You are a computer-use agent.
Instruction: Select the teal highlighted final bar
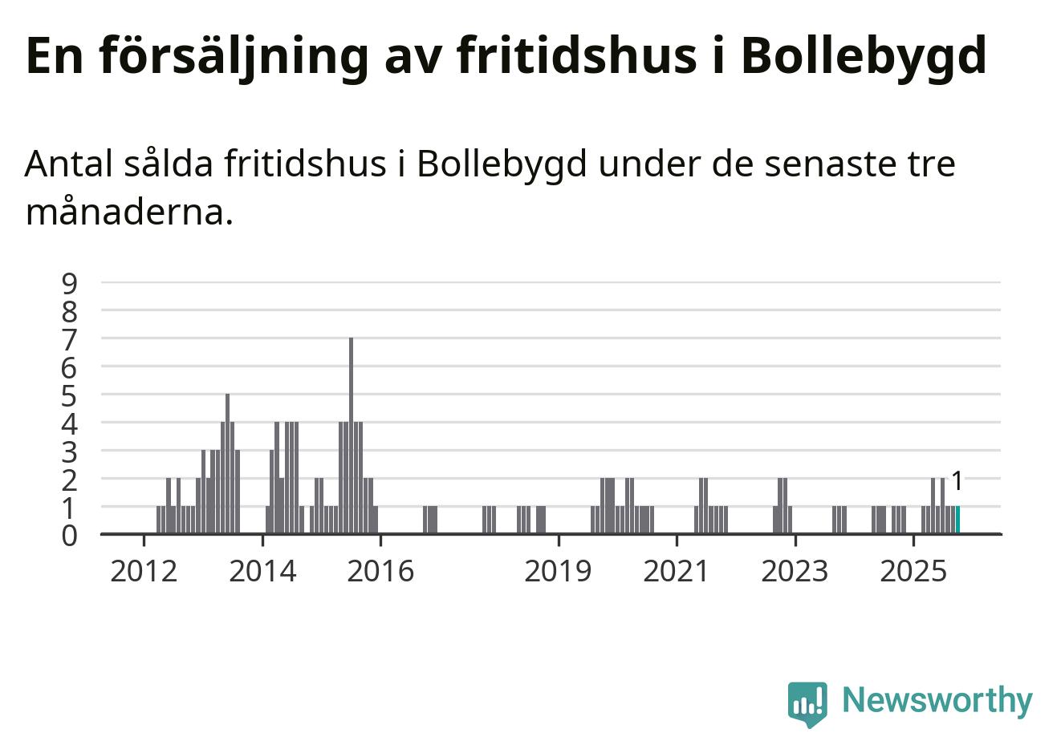[957, 520]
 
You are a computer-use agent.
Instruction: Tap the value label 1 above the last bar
[956, 481]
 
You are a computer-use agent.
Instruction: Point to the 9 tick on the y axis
[70, 282]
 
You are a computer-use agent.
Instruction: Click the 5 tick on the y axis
[70, 395]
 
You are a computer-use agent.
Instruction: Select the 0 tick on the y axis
[70, 535]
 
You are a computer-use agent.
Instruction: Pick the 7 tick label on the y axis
[70, 338]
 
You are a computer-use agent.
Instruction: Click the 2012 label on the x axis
[144, 571]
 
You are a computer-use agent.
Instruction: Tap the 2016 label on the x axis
[380, 571]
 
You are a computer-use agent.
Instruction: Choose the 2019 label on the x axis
[558, 571]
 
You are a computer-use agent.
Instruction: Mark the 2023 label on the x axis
[795, 571]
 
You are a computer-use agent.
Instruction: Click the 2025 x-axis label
[913, 571]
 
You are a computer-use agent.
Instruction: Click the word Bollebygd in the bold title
[863, 56]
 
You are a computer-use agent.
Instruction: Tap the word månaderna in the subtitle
[129, 213]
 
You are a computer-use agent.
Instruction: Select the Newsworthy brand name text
[937, 700]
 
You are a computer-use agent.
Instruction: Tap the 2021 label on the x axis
[677, 571]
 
